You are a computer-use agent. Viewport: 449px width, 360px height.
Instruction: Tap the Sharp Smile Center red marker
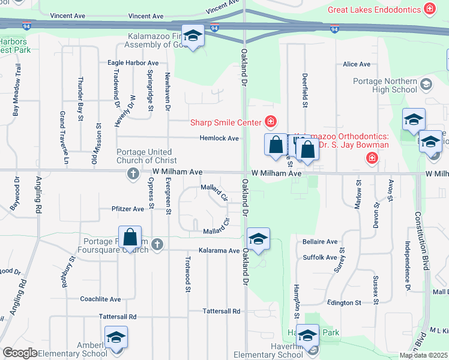(x=271, y=122)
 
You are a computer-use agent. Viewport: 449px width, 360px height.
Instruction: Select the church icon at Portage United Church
(x=133, y=173)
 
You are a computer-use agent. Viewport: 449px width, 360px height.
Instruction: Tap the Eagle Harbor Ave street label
(x=133, y=62)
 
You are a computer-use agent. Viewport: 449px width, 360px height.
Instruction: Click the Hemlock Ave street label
(x=219, y=138)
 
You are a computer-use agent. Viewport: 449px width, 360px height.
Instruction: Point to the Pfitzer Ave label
(x=127, y=209)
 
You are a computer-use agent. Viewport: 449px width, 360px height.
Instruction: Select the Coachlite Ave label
(x=101, y=299)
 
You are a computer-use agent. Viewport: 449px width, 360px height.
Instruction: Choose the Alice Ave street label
(x=357, y=64)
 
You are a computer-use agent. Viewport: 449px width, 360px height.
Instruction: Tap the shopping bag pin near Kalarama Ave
(x=130, y=237)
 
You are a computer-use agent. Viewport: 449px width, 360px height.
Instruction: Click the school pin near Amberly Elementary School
(x=116, y=338)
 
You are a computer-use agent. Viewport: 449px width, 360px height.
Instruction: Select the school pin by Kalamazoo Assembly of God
(x=193, y=37)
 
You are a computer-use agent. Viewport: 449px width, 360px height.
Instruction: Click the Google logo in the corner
(x=19, y=353)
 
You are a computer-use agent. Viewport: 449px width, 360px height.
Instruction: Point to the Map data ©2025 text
(x=423, y=355)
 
